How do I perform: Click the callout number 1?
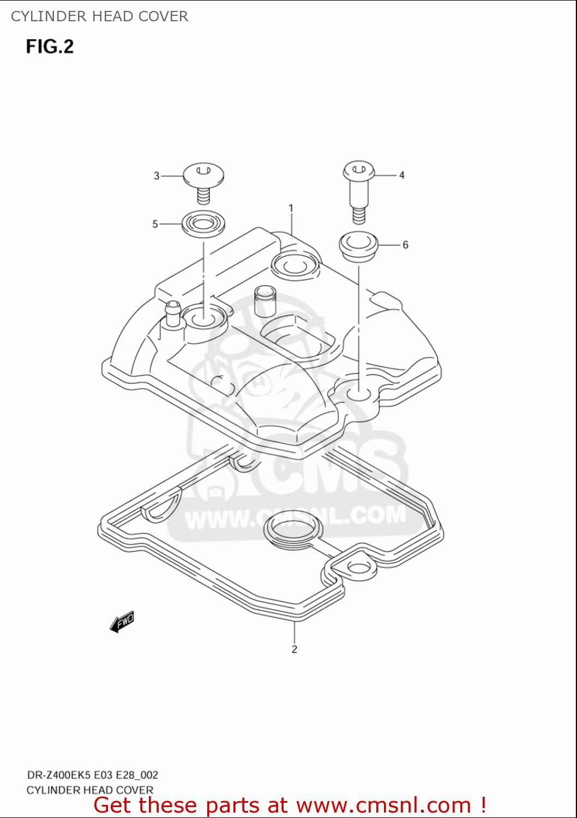point(291,208)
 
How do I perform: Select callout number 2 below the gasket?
point(294,649)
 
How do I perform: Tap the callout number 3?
point(157,176)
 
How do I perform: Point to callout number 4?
point(402,175)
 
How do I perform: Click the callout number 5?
point(155,224)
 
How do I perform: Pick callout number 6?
point(405,245)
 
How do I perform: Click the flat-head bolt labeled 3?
point(203,181)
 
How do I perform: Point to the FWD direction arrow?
point(122,622)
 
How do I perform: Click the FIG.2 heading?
point(50,46)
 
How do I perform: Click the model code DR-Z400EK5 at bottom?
point(59,775)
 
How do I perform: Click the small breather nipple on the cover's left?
point(173,313)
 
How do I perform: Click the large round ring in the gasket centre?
point(293,527)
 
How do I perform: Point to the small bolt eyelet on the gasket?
point(358,568)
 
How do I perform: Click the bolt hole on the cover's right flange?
point(359,393)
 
